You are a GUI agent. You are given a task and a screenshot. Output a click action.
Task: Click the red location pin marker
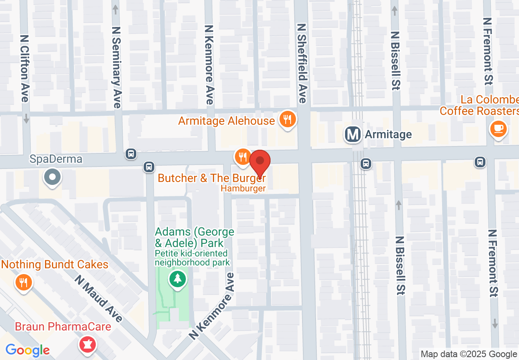coord(260,162)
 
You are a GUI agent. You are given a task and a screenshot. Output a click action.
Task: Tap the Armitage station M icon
coord(353,134)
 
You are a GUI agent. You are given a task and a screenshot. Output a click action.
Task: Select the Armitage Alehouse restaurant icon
coord(288,119)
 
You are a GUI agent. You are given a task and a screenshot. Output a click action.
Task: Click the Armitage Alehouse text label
coord(226,121)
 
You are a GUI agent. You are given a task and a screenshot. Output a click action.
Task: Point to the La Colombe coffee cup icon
coord(498,129)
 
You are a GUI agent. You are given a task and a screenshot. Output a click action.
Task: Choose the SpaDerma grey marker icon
coord(52,178)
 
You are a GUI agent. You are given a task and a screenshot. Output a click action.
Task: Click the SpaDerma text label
coord(50,159)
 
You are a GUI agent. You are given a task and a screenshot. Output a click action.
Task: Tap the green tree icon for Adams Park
coord(178,279)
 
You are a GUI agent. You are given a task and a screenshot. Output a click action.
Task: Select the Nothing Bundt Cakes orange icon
coord(24,282)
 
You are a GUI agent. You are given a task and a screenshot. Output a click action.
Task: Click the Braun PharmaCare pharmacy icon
coord(87,344)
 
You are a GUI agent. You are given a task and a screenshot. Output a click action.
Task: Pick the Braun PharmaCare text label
coord(63,327)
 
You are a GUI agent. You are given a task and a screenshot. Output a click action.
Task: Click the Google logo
coord(27,351)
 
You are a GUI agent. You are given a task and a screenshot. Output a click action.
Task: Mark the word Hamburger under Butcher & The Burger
coord(243,189)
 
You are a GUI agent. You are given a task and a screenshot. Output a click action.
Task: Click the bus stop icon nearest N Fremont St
coord(480,162)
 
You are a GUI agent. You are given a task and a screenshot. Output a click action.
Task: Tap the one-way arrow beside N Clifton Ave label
coord(26,118)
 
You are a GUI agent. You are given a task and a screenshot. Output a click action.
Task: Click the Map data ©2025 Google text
coord(469,354)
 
